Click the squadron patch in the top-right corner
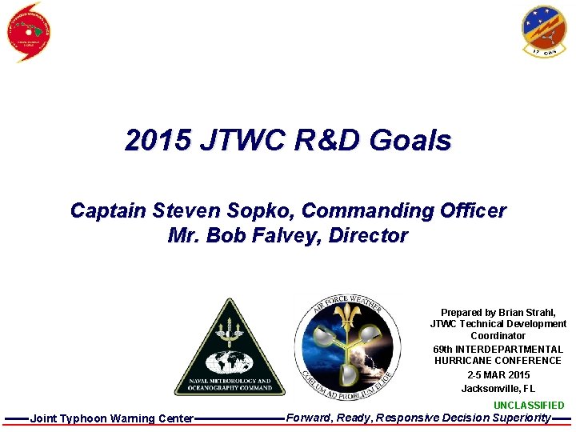(x=544, y=30)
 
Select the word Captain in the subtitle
(x=106, y=211)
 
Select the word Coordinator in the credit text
(x=498, y=336)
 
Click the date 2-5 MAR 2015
(x=498, y=374)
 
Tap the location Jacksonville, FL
(x=498, y=388)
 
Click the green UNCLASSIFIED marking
(x=528, y=406)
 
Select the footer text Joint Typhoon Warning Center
(x=111, y=418)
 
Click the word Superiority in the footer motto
(x=521, y=418)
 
